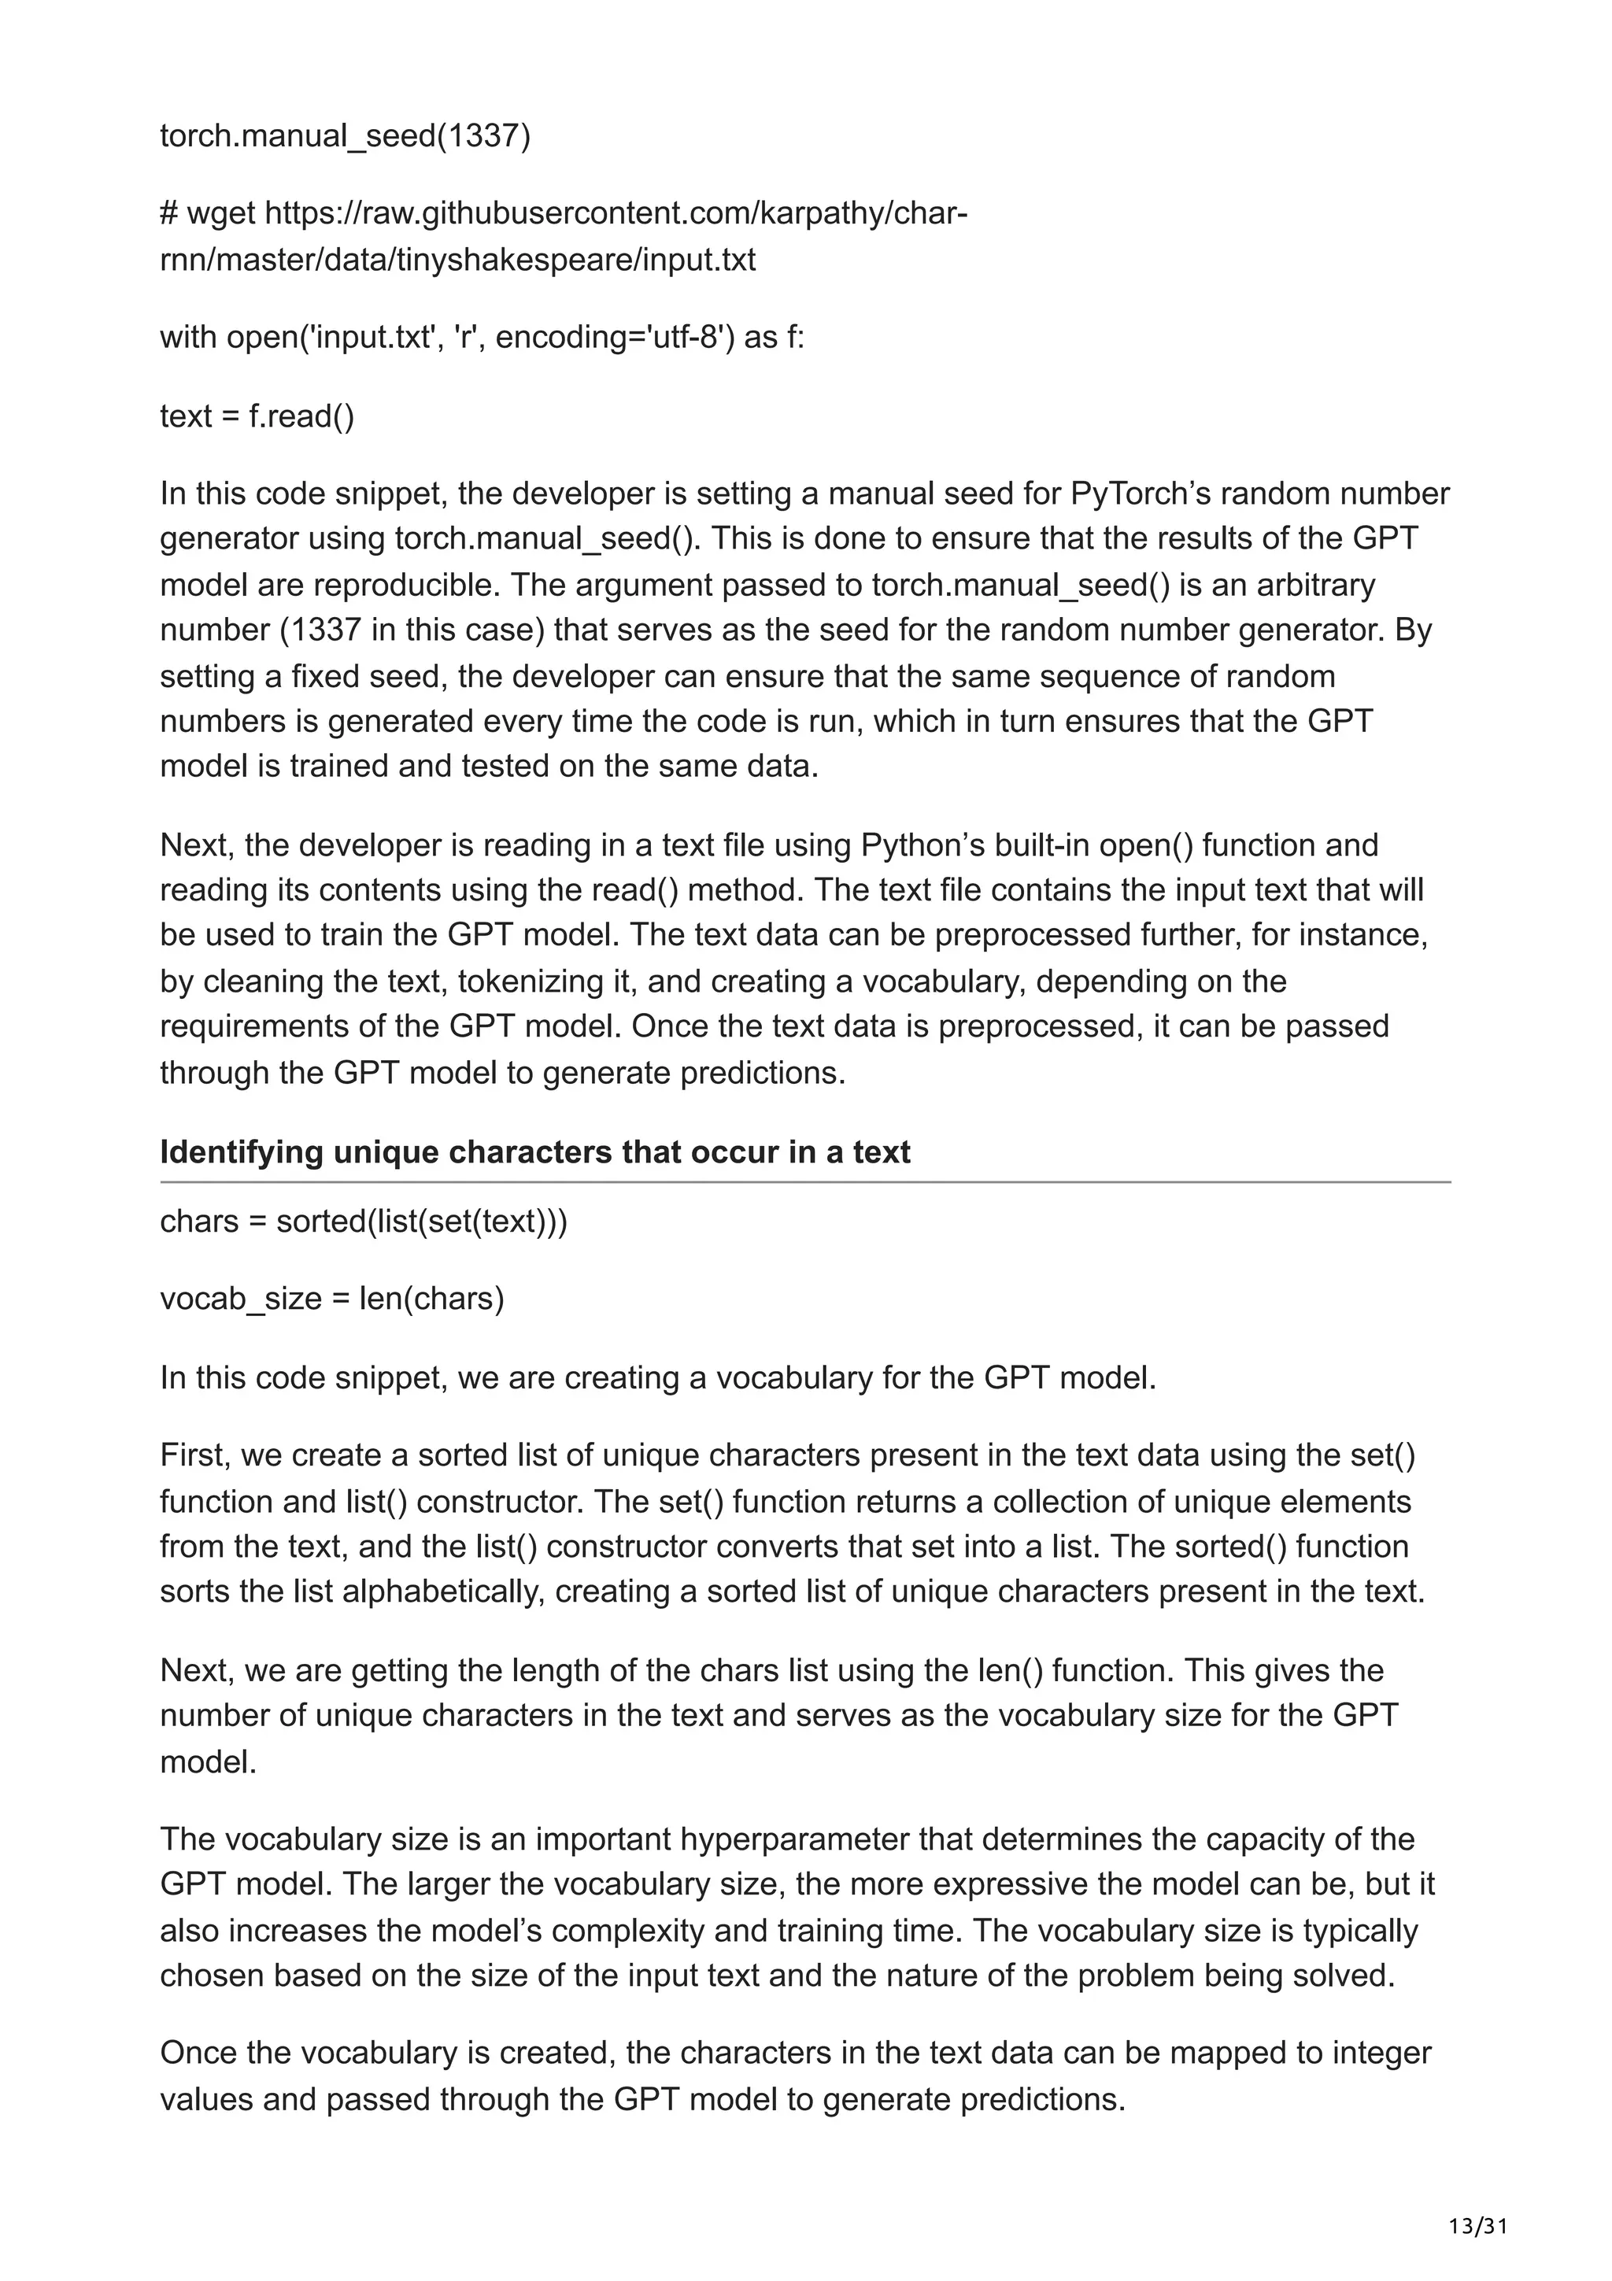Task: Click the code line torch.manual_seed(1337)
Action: click(x=345, y=135)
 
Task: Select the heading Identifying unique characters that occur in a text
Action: click(x=534, y=1152)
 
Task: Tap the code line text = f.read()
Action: click(x=257, y=416)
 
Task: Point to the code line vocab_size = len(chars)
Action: click(x=331, y=1299)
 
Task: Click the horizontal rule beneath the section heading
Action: click(x=804, y=1182)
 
